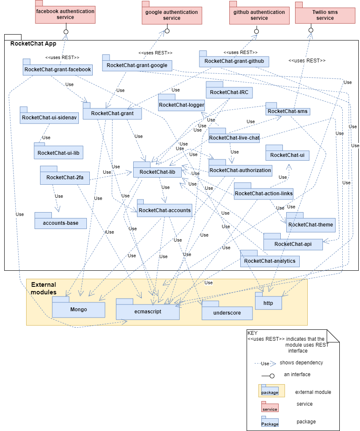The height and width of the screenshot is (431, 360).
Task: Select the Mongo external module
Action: pos(78,307)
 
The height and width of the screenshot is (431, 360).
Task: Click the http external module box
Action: pos(268,301)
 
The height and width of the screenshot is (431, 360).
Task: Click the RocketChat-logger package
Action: pos(181,102)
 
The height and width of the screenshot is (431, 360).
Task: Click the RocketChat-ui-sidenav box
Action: pos(49,115)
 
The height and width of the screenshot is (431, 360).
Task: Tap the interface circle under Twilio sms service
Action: pos(311,30)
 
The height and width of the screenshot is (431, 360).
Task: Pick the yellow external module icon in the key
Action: pos(271,391)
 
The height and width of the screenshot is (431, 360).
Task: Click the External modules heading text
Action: pos(43,288)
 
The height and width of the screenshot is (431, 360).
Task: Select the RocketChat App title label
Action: pos(33,43)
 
